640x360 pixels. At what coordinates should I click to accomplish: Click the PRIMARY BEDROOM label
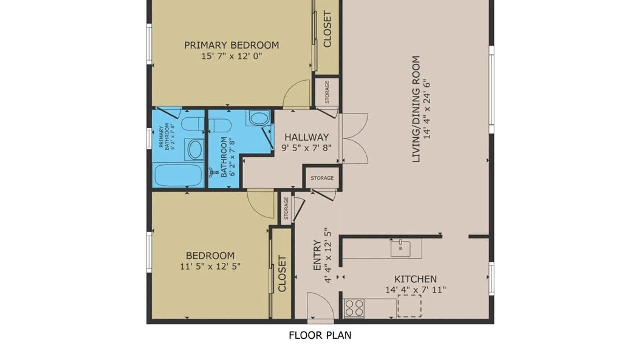(x=232, y=45)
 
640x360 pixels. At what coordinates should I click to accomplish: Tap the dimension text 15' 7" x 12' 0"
(x=232, y=56)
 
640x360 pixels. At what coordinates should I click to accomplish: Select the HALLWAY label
(x=307, y=137)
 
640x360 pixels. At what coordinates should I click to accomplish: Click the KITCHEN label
(x=415, y=279)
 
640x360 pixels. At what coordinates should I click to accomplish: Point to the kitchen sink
(x=400, y=248)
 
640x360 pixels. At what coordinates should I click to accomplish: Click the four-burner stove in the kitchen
(x=354, y=308)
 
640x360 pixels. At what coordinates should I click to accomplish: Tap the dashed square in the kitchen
(x=409, y=306)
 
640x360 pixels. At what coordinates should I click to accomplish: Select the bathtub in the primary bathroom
(x=178, y=175)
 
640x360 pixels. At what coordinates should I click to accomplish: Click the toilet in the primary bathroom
(x=193, y=124)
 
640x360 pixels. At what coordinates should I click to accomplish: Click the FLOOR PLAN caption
(x=320, y=335)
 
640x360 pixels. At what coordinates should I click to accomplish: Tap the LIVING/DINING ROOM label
(x=416, y=109)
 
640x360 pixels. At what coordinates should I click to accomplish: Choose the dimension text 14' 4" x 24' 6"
(x=427, y=109)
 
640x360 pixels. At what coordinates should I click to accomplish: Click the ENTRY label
(x=317, y=255)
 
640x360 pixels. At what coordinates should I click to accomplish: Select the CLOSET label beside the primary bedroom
(x=327, y=29)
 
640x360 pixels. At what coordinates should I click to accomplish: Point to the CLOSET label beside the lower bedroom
(x=282, y=274)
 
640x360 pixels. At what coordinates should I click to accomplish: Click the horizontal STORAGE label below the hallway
(x=322, y=178)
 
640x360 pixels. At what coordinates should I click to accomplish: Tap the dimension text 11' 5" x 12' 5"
(x=210, y=266)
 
